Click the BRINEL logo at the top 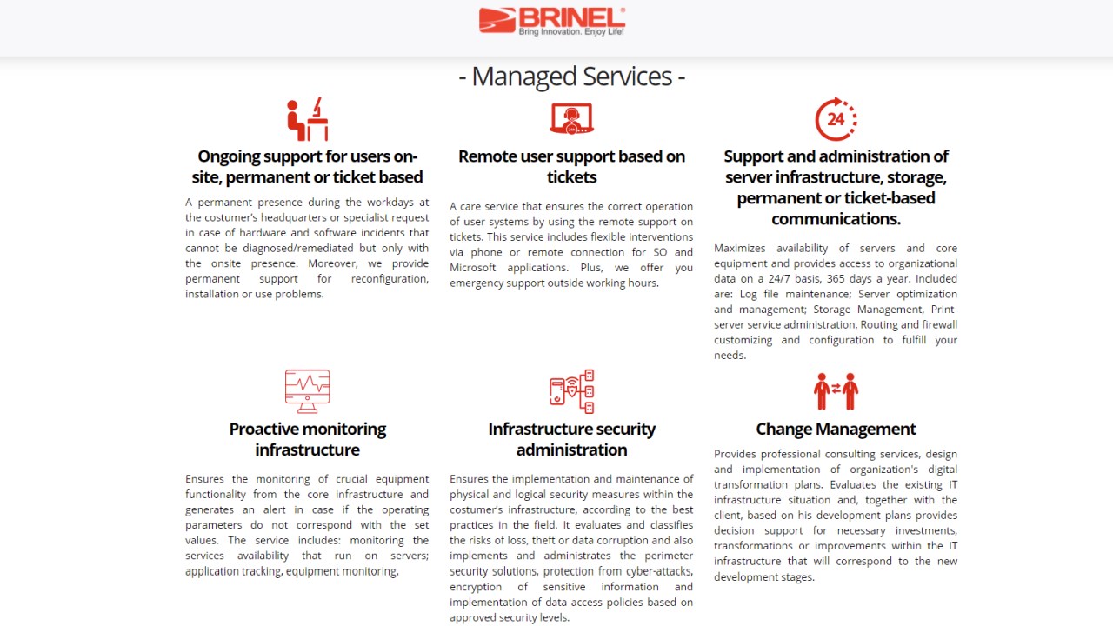(551, 19)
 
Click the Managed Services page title (571, 77)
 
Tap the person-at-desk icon (307, 119)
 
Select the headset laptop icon (571, 119)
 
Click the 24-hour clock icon (836, 119)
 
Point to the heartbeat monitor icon (307, 391)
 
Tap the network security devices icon (571, 391)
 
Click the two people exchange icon (836, 391)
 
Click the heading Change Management (836, 429)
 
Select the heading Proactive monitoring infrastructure (307, 439)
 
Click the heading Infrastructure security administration (571, 439)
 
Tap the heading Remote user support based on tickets (571, 166)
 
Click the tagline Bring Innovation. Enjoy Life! (571, 32)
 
